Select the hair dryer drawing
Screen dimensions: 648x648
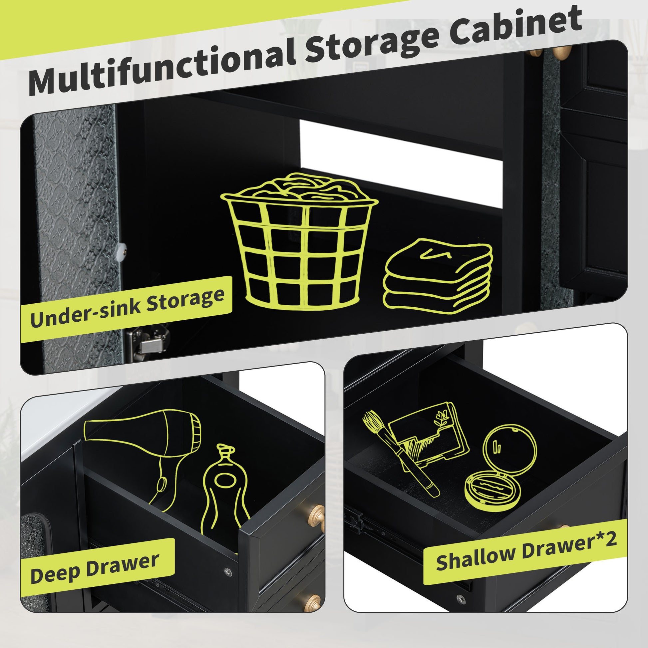tap(143, 451)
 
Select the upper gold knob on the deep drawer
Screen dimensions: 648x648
tap(315, 517)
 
